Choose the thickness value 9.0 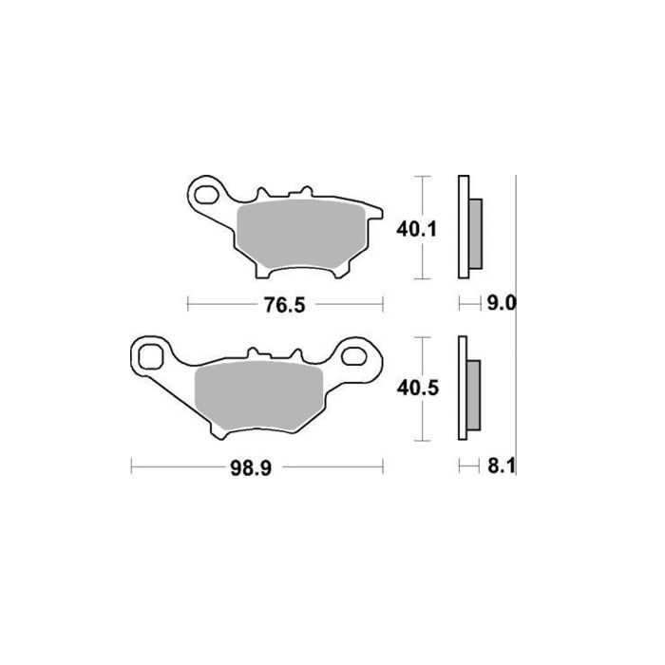501,303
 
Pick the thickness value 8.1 501,466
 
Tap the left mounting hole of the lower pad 150,358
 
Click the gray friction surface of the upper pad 294,233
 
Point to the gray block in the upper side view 477,233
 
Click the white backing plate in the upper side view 464,228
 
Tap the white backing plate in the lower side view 463,389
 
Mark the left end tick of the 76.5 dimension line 188,303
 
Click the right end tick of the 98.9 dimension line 383,466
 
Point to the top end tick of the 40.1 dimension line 422,177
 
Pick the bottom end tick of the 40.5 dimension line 422,442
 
